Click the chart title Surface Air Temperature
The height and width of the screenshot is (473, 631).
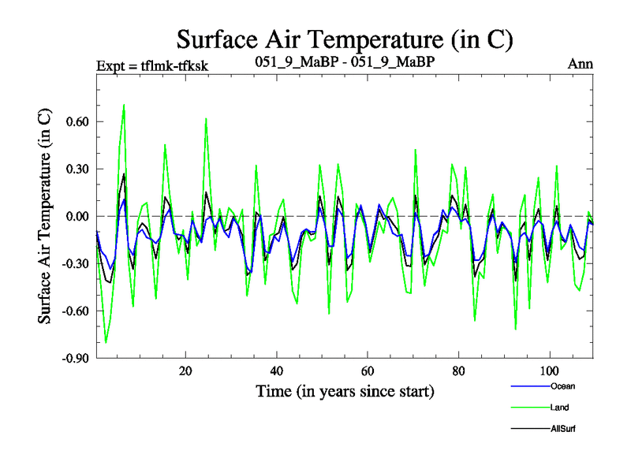pyautogui.click(x=345, y=38)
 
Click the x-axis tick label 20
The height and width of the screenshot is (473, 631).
pyautogui.click(x=185, y=371)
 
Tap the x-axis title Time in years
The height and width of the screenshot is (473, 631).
pyautogui.click(x=345, y=391)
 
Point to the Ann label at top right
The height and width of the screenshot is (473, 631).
pyautogui.click(x=581, y=65)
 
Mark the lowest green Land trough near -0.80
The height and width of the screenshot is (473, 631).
pyautogui.click(x=106, y=343)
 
